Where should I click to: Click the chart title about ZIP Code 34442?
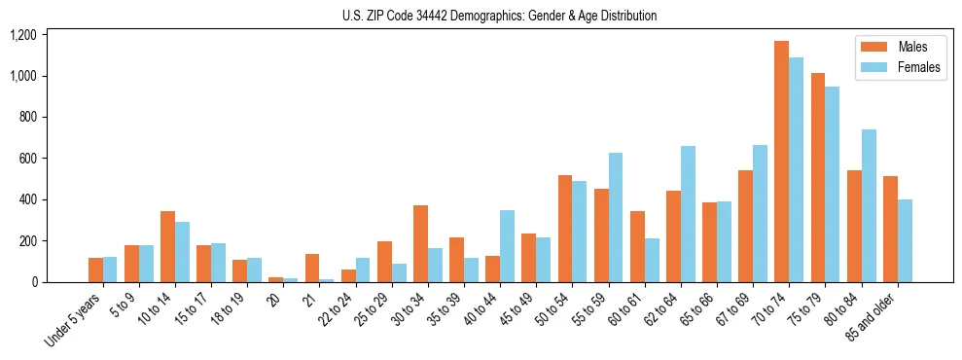[499, 16]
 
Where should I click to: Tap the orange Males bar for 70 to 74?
[781, 162]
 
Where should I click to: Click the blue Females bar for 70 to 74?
[796, 170]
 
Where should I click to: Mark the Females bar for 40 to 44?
[507, 246]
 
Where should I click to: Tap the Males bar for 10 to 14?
[167, 247]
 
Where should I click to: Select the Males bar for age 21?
[312, 269]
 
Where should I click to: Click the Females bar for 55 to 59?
[615, 218]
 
